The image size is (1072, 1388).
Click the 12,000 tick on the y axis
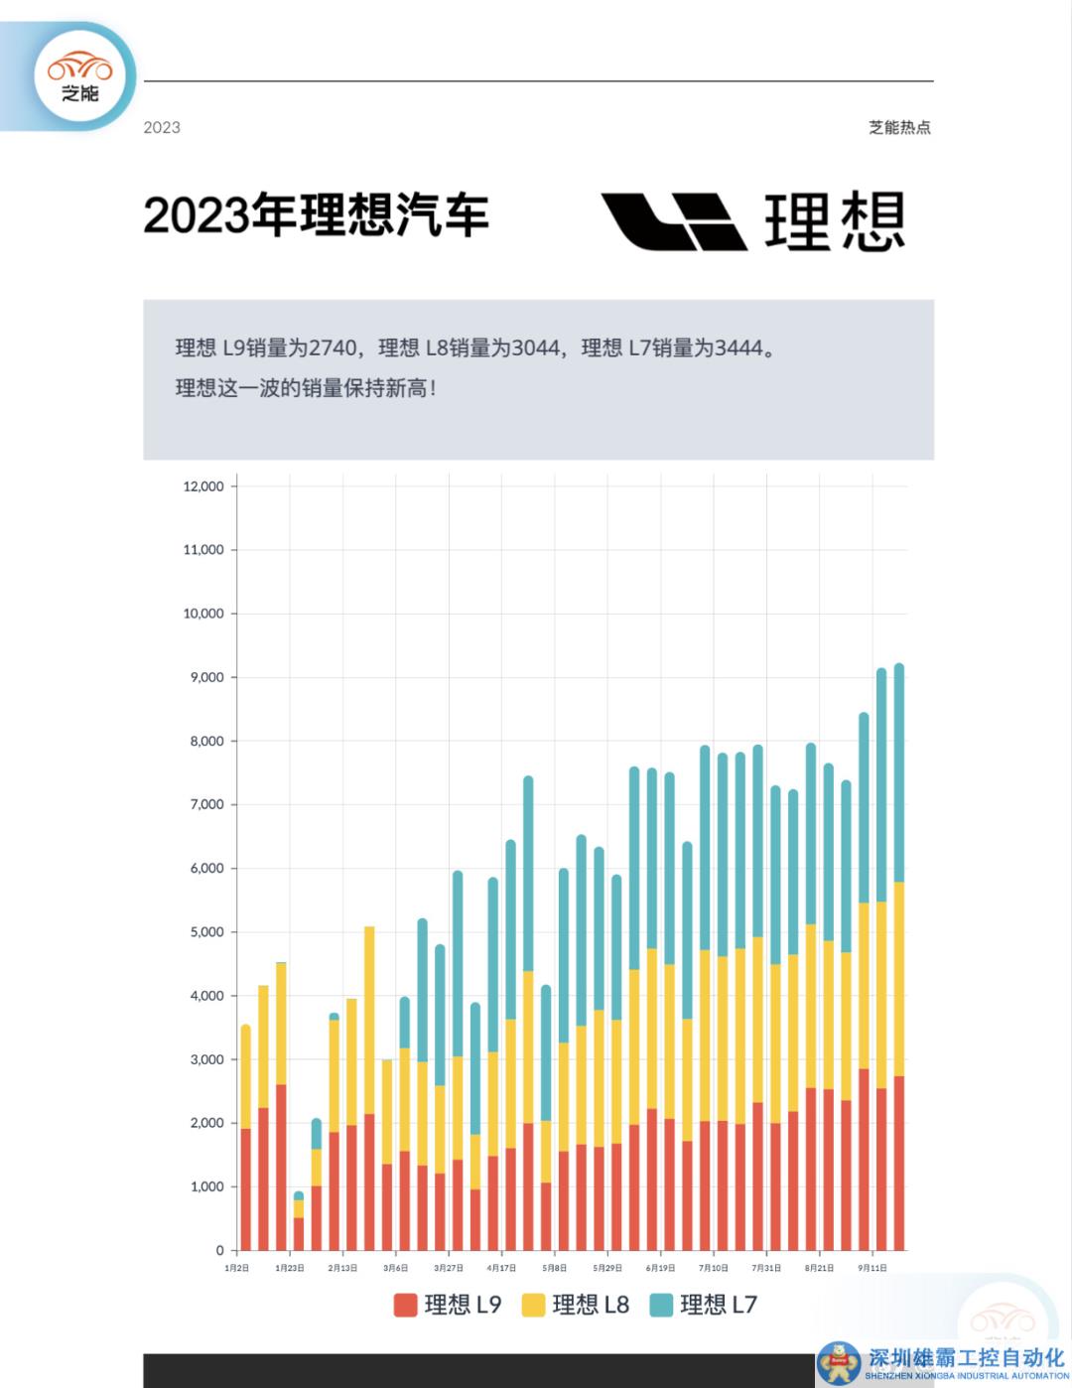(x=203, y=486)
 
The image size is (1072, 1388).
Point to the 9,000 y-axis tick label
(x=206, y=677)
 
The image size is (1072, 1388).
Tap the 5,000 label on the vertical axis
(x=206, y=932)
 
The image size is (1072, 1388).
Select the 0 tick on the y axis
(x=219, y=1251)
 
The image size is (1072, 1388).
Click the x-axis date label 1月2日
(x=236, y=1268)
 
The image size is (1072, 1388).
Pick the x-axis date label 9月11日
(x=872, y=1268)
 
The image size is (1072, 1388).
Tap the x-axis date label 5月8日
(x=554, y=1268)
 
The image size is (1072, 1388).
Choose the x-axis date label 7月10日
(x=713, y=1268)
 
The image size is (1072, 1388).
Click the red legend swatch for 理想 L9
(x=405, y=1305)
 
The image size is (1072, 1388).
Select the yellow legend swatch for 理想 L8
(x=533, y=1305)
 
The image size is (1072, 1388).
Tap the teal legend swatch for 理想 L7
(x=661, y=1305)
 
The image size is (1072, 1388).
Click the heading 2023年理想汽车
(x=316, y=215)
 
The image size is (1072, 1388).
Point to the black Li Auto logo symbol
(x=674, y=220)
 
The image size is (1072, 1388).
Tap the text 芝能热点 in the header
(x=899, y=127)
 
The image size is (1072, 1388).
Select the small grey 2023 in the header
(x=162, y=127)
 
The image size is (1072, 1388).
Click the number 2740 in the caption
(x=332, y=348)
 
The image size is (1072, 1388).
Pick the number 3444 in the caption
(x=738, y=348)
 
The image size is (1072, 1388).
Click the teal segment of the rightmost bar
(x=899, y=774)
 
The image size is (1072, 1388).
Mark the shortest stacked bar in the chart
(x=298, y=1221)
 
